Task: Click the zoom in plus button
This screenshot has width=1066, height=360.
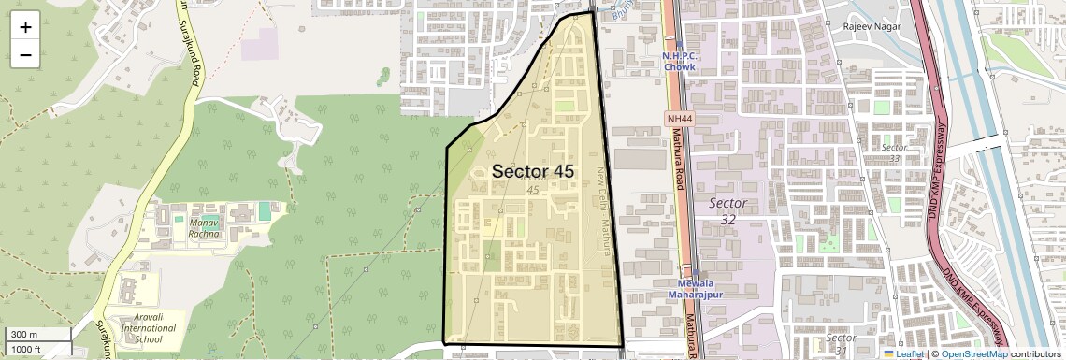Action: pyautogui.click(x=25, y=27)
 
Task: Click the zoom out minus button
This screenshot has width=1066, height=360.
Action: pyautogui.click(x=25, y=55)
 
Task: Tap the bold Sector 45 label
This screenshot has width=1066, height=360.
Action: pyautogui.click(x=532, y=172)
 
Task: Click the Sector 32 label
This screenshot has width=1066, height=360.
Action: pyautogui.click(x=727, y=210)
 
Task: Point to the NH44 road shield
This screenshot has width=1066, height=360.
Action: pyautogui.click(x=679, y=119)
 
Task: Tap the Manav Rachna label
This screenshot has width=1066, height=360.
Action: pyautogui.click(x=203, y=228)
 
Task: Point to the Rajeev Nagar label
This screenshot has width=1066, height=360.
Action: pyautogui.click(x=872, y=26)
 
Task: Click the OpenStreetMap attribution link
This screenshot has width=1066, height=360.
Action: pyautogui.click(x=973, y=353)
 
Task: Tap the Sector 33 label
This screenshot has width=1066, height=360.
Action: pyautogui.click(x=895, y=152)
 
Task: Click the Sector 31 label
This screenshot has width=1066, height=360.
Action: pyautogui.click(x=841, y=343)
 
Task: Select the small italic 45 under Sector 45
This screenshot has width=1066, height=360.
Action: pyautogui.click(x=533, y=191)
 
